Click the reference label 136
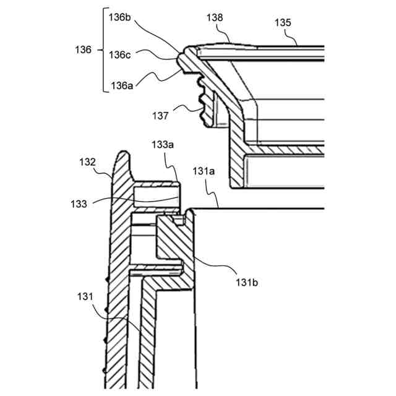82,49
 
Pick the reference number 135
284,23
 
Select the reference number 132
88,161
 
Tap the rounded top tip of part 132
124,153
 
